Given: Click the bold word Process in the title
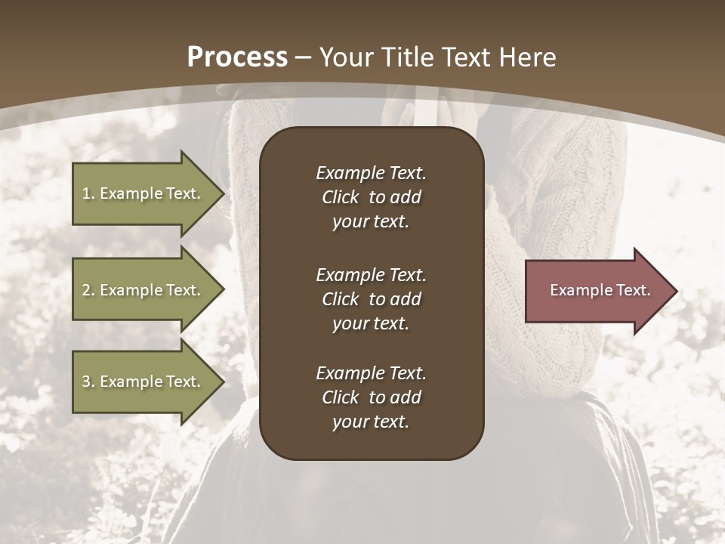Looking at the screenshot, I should (237, 57).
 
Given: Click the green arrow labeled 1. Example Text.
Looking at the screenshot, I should (143, 193).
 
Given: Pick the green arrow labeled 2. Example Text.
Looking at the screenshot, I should (143, 290).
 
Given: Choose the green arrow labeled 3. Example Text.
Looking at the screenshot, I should (143, 382).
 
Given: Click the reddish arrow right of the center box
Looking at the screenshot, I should (597, 291).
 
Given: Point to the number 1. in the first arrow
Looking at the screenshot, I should (88, 193).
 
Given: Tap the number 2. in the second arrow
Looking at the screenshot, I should (88, 290).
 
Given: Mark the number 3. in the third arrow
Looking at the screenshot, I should (88, 382).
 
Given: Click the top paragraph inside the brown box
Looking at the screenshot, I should (371, 197).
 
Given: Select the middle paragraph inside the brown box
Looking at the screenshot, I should (371, 299).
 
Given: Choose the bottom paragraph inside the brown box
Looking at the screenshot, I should (371, 397).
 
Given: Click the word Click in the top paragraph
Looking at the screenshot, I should (341, 197).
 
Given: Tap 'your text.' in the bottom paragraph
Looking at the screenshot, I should (371, 422).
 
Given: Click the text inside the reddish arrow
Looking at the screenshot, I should (600, 290).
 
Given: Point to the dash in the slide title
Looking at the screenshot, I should (304, 57).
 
